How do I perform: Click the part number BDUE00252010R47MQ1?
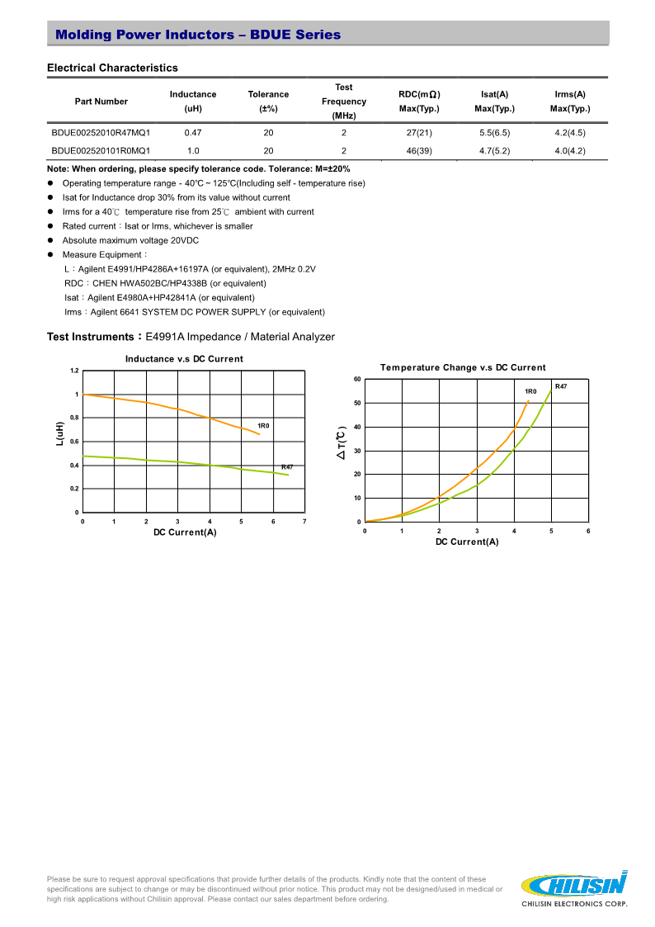click(101, 132)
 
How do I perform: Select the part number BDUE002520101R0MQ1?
click(101, 150)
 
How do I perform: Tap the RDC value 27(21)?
click(419, 132)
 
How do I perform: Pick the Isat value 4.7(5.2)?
click(495, 150)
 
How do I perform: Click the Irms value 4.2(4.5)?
click(570, 132)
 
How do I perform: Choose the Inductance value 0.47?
click(193, 132)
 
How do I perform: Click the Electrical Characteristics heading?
click(112, 68)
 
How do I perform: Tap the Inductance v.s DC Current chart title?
click(184, 359)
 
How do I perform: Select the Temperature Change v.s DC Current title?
click(463, 367)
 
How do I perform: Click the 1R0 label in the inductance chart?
click(264, 425)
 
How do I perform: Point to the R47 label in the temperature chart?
click(561, 386)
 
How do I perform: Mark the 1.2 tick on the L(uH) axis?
click(74, 371)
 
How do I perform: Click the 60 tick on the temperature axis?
click(357, 379)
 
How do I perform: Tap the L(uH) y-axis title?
click(59, 436)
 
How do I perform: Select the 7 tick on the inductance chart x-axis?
click(304, 522)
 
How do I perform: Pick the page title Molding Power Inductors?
click(197, 35)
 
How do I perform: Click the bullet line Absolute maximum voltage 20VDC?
click(130, 240)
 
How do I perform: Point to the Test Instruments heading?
click(191, 337)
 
